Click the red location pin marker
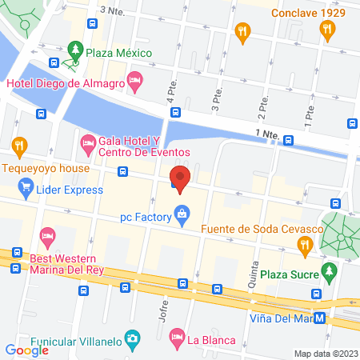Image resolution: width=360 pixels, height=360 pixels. (x=181, y=178)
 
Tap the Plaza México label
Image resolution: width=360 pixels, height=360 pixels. (x=120, y=52)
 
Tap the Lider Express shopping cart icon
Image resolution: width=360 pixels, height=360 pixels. (x=25, y=190)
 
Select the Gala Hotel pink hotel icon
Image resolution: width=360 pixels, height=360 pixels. (x=86, y=145)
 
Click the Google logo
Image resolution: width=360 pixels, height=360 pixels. (x=27, y=349)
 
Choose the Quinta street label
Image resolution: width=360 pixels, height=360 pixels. (x=254, y=274)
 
